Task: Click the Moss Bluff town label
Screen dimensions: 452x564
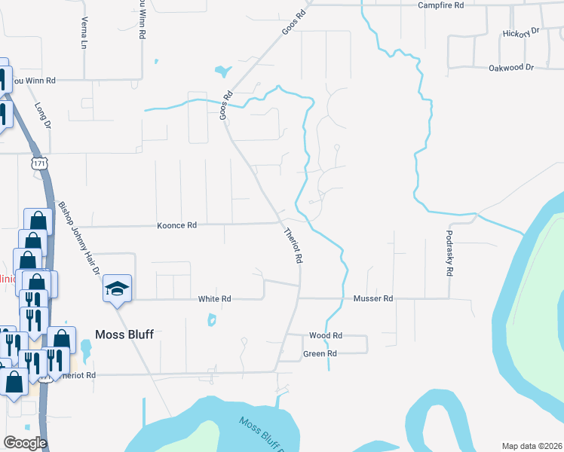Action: coord(124,334)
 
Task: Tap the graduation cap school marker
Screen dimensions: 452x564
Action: coord(117,289)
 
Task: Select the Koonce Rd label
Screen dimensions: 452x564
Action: coord(176,225)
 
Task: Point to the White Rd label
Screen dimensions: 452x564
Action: coord(214,299)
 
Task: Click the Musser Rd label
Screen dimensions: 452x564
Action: coord(373,299)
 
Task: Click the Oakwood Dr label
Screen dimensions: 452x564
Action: coord(511,68)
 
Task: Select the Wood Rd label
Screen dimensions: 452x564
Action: coord(326,335)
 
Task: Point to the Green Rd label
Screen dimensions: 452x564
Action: coord(320,354)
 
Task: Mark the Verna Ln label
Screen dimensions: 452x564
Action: coord(84,33)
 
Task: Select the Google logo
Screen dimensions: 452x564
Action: coord(25,443)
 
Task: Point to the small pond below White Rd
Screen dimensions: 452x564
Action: coord(212,320)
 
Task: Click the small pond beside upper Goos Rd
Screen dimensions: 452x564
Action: coord(222,72)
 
